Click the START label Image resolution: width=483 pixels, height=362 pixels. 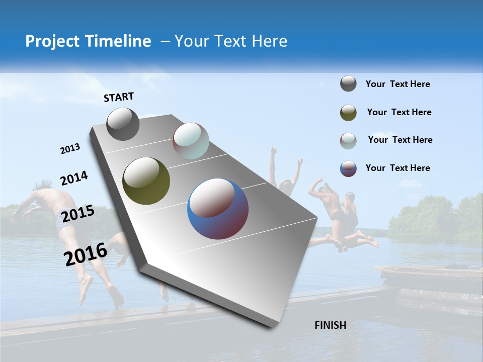click(119, 97)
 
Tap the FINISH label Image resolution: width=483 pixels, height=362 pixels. click(331, 325)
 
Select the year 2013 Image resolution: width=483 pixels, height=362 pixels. click(70, 149)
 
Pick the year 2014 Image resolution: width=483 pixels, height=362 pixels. click(74, 178)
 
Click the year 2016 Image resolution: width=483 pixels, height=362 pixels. click(86, 254)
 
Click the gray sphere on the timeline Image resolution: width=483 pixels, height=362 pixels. click(123, 124)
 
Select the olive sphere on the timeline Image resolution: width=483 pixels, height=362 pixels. click(146, 181)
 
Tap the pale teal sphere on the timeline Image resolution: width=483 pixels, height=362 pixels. click(191, 141)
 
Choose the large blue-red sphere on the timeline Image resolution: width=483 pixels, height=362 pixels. click(218, 209)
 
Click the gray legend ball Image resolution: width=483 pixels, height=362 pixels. click(348, 84)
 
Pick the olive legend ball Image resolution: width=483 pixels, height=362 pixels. click(348, 113)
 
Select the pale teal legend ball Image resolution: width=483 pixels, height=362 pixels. click(348, 141)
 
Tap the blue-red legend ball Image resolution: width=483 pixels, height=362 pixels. click(348, 168)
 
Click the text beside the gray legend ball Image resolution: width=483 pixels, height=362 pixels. click(397, 84)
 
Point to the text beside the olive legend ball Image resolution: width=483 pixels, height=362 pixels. click(399, 112)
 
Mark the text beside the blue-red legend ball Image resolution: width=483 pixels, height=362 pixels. click(397, 168)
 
